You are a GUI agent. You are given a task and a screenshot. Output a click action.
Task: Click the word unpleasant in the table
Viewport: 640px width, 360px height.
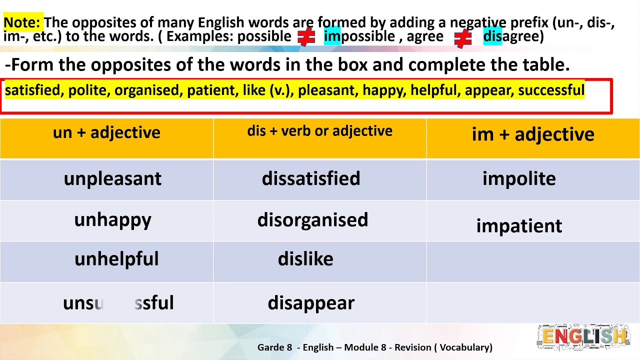(112, 179)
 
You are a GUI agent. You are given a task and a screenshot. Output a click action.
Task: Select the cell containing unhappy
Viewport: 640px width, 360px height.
(112, 220)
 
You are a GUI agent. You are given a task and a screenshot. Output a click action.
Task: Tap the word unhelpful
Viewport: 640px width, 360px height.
(116, 259)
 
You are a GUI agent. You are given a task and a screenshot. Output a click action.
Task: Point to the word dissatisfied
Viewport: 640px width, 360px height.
(311, 178)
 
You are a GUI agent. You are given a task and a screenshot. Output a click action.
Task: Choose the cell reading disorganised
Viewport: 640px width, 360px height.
(312, 220)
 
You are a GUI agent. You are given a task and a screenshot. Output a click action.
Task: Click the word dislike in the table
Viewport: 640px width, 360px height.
(305, 259)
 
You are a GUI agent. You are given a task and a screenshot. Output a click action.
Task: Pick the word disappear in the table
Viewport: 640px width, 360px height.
(311, 303)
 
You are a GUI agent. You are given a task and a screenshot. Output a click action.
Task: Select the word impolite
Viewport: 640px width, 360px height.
(519, 178)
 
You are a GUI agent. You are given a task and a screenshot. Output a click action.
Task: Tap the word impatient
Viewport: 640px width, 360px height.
(519, 226)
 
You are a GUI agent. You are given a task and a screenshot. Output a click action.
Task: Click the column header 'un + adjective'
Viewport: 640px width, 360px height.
(106, 132)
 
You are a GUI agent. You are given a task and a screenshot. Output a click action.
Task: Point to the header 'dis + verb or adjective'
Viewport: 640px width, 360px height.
(319, 131)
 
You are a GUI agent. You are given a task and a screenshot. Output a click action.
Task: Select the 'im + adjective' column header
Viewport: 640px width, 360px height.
(533, 134)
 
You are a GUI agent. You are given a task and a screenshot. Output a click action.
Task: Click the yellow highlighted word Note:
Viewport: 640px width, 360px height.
(22, 22)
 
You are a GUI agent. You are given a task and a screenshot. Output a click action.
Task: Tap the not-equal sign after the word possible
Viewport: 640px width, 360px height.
(306, 37)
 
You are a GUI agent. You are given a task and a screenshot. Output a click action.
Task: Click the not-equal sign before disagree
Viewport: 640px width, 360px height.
(463, 38)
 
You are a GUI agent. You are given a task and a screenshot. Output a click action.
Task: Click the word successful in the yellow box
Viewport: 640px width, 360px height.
(551, 90)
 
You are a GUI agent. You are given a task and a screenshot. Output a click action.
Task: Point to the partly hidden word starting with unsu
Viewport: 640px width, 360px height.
(118, 303)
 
